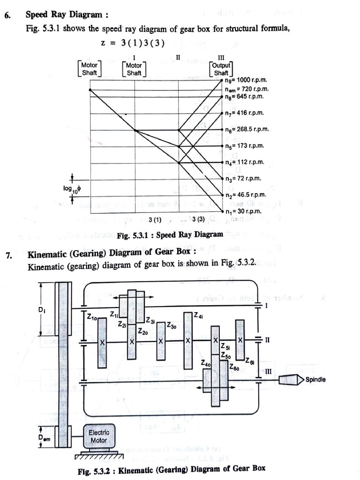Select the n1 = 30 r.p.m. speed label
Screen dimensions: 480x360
click(x=244, y=211)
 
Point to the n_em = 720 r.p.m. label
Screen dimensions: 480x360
click(x=246, y=89)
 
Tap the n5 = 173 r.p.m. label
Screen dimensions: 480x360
click(x=244, y=146)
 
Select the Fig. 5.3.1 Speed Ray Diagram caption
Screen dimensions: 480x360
click(x=170, y=234)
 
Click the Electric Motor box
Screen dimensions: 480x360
click(x=98, y=436)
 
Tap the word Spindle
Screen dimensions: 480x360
click(x=315, y=379)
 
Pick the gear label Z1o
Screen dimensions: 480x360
click(x=92, y=318)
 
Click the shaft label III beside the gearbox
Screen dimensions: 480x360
click(x=268, y=371)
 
